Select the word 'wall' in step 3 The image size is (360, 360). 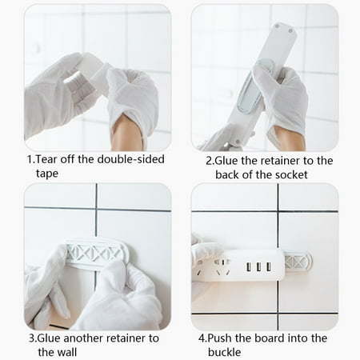coord(59,353)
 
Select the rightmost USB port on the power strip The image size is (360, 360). coord(269,265)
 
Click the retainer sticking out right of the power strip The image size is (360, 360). coord(298,262)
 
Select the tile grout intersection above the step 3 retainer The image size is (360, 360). coord(96,210)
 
